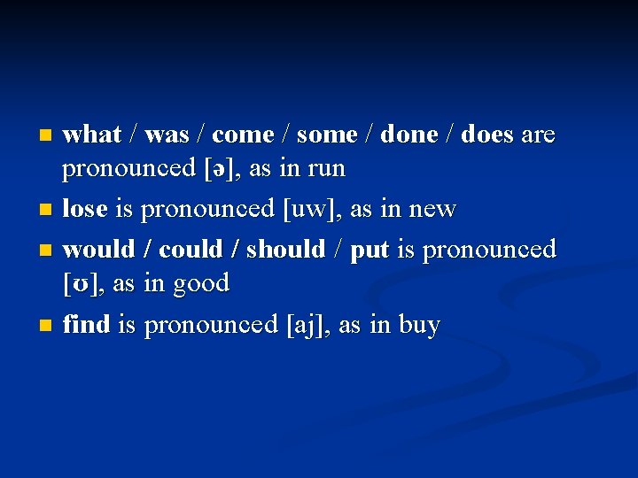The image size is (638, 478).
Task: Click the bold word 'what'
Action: tap(92, 135)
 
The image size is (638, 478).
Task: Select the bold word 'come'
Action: tap(243, 135)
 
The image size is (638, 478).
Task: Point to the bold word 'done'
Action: tap(409, 135)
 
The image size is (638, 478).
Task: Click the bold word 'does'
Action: tap(487, 135)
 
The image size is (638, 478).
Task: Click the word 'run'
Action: tap(327, 169)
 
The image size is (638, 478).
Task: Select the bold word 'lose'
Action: tap(85, 210)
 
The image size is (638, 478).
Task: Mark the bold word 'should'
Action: tap(285, 250)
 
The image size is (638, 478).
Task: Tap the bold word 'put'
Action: tap(370, 251)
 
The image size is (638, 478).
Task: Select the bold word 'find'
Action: tap(86, 325)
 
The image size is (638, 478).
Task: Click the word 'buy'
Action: tap(419, 326)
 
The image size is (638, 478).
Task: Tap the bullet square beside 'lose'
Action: tap(45, 211)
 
